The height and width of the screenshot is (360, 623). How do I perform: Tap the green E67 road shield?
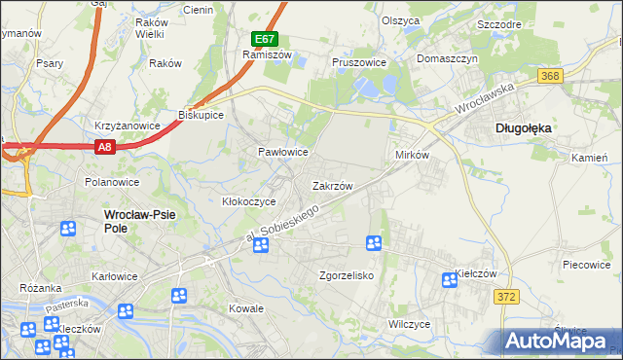click(265, 39)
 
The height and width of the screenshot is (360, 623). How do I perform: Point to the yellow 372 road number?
click(503, 298)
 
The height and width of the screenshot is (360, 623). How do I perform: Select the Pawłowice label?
click(282, 153)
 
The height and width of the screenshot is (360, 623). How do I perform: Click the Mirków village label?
click(412, 155)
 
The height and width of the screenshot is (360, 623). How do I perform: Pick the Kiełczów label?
click(477, 275)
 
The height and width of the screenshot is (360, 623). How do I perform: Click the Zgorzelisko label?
click(347, 275)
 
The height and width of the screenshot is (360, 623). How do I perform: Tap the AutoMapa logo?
click(559, 341)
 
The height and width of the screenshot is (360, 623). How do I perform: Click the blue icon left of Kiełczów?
click(449, 280)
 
